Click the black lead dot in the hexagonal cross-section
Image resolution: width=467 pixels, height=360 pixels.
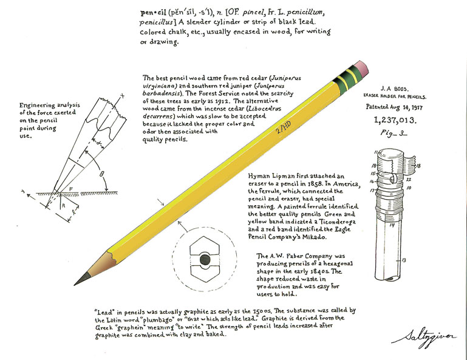pyautogui.click(x=205, y=260)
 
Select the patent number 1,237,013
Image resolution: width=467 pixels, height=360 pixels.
pyautogui.click(x=395, y=120)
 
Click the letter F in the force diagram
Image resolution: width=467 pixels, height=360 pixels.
pyautogui.click(x=70, y=189)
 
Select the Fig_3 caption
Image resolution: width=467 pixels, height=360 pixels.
pyautogui.click(x=393, y=133)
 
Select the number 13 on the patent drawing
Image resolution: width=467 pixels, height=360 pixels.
pyautogui.click(x=404, y=260)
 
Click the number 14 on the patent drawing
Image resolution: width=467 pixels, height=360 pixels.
pyautogui.click(x=392, y=225)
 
